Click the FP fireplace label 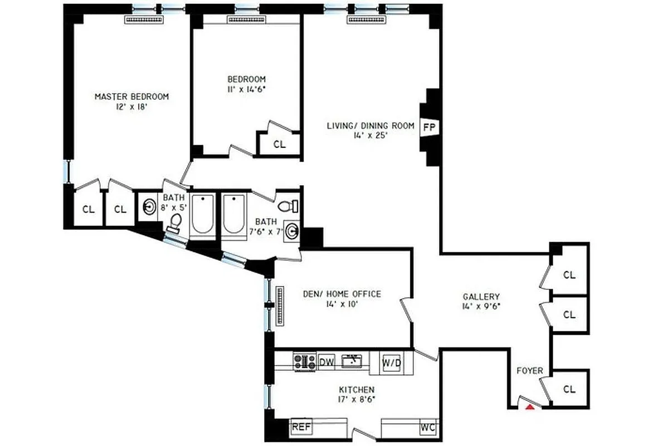click(428, 127)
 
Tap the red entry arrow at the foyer click(531, 407)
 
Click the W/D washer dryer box click(391, 363)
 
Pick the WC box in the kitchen click(428, 428)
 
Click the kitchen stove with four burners click(305, 361)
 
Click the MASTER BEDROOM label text click(131, 96)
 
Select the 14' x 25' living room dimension click(370, 135)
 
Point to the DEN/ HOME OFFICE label click(342, 294)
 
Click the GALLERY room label click(481, 297)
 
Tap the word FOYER click(529, 371)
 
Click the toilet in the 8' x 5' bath click(176, 223)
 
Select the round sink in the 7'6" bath click(291, 230)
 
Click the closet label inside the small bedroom click(279, 144)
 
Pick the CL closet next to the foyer click(569, 389)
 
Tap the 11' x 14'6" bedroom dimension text click(246, 89)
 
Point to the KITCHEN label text click(357, 390)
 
